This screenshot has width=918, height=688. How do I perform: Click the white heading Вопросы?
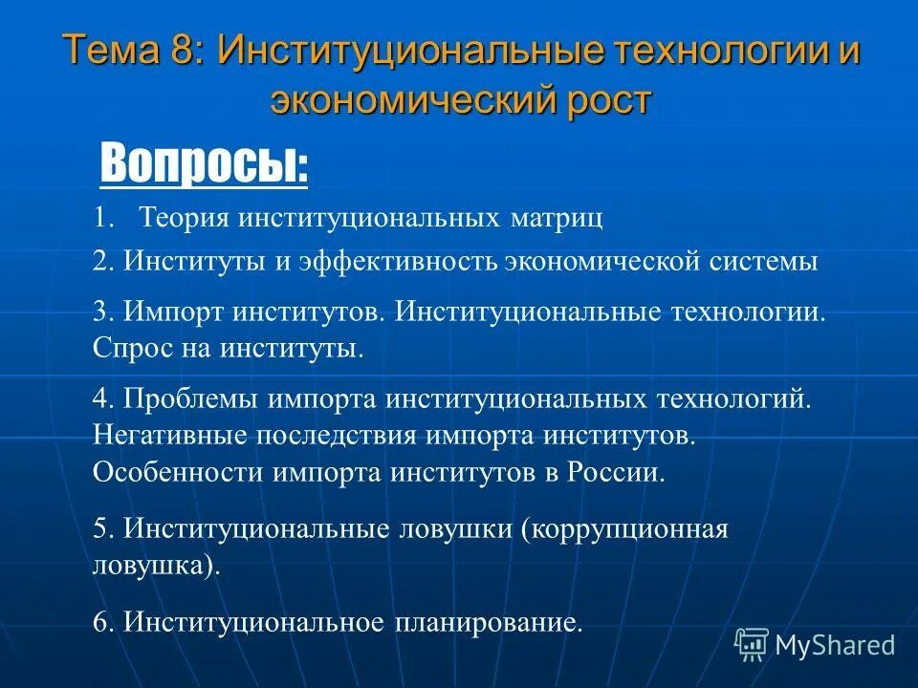pyautogui.click(x=204, y=163)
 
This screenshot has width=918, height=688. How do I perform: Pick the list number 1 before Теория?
pyautogui.click(x=102, y=218)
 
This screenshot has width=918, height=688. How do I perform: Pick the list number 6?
pyautogui.click(x=102, y=622)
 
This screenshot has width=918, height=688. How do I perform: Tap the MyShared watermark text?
pyautogui.click(x=835, y=645)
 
